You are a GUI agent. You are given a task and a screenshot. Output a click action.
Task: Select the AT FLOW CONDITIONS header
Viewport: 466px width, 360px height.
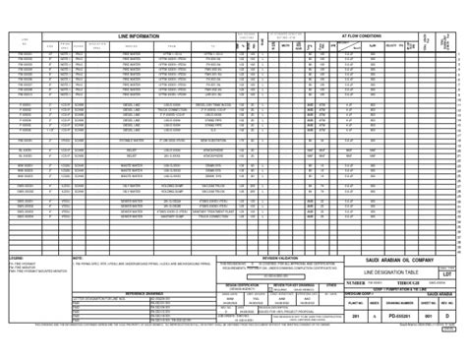pos(361,33)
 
